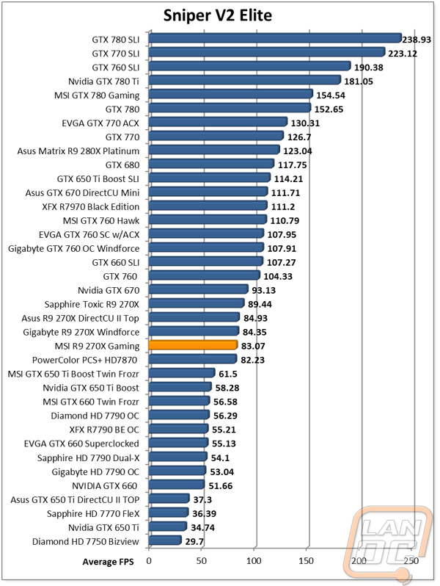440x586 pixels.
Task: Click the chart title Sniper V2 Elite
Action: coord(218,15)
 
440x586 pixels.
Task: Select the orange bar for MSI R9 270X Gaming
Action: coord(194,345)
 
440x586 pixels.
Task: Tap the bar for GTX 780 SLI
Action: coord(275,38)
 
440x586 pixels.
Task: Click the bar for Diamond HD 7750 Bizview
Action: coord(165,540)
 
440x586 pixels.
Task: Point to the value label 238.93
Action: coord(417,40)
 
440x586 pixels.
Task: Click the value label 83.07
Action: coord(253,346)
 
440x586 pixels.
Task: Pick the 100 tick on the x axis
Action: coord(254,560)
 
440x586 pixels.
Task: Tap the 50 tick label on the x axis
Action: coord(202,560)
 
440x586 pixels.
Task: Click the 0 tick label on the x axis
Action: coord(149,560)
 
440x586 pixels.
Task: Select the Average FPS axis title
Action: coord(109,562)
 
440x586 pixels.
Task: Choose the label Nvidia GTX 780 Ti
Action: coord(103,82)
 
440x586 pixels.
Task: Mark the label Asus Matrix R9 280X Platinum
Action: coord(78,151)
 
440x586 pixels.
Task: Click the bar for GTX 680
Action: coord(212,163)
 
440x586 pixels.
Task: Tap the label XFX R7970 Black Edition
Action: coord(91,206)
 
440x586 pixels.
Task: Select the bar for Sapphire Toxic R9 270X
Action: coord(197,303)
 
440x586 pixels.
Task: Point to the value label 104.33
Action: coord(278,277)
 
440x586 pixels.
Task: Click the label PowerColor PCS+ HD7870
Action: coord(85,361)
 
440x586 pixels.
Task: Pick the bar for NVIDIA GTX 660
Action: coord(177,485)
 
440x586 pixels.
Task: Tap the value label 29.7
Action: coord(194,541)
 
